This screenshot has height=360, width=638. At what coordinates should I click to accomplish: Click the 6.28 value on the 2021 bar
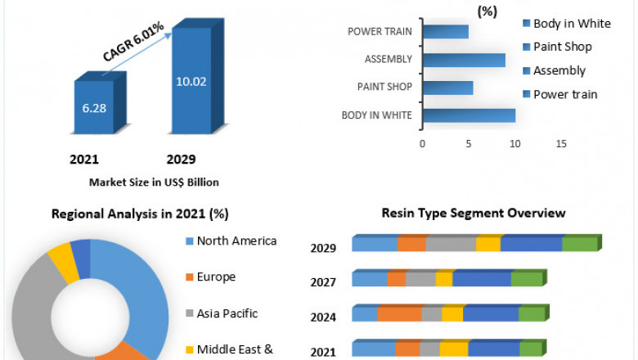click(99, 106)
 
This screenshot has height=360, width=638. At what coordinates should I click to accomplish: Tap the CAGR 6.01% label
click(133, 42)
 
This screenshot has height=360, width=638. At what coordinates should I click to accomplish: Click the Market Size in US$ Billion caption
click(154, 182)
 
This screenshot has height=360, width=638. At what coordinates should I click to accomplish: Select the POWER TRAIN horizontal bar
click(446, 32)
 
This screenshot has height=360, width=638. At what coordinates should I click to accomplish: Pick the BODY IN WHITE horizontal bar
click(469, 115)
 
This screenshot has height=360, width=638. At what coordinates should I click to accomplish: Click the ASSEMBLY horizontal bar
click(464, 60)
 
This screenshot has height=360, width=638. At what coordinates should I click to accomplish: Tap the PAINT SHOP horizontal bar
click(447, 88)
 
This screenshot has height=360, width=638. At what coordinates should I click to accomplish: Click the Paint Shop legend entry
click(573, 47)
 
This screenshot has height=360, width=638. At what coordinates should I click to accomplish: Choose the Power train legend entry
click(565, 94)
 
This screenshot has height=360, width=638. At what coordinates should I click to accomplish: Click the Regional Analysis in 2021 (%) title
click(140, 214)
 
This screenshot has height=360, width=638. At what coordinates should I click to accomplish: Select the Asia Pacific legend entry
click(225, 313)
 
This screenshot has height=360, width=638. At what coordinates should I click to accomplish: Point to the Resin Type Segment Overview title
click(474, 213)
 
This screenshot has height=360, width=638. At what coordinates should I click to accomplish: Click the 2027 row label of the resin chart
click(322, 283)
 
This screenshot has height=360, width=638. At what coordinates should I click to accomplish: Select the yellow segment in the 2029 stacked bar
click(487, 244)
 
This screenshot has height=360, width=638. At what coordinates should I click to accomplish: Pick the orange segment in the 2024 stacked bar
click(399, 314)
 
